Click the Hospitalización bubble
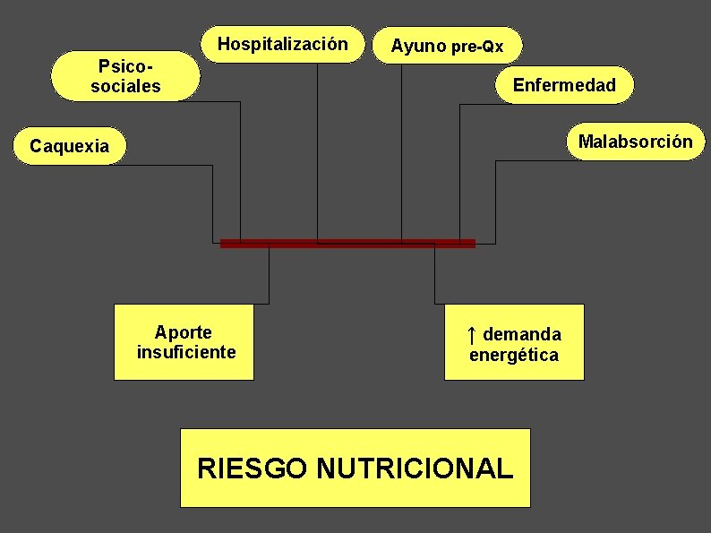pos(282,44)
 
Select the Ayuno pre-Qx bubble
pos(447,47)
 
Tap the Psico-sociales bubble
pos(125,76)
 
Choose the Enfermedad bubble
pos(564,85)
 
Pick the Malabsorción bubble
pos(635,142)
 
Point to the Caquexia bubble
pos(70,146)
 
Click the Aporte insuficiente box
pos(184,342)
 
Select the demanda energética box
pos(514,342)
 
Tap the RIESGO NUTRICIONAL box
pos(355,468)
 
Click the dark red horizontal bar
pos(347,243)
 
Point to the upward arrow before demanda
pos(471,334)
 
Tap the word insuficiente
pos(186,352)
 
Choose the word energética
pos(514,355)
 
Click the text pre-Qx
pos(477,47)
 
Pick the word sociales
pos(125,87)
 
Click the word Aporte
pos(183,332)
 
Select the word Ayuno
pos(418,47)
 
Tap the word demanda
pos(522,334)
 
